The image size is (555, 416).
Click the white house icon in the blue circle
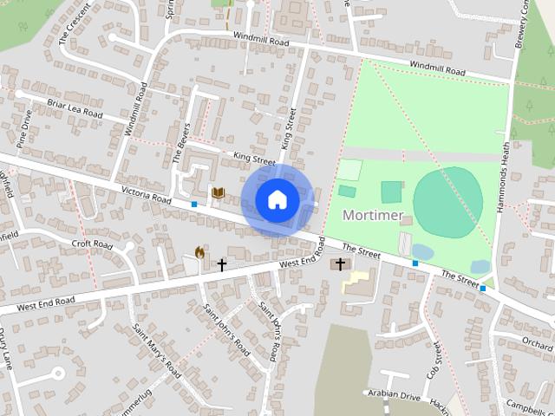pyautogui.click(x=277, y=199)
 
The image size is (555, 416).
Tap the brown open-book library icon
pyautogui.click(x=218, y=192)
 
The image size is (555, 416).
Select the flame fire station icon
pyautogui.click(x=200, y=253)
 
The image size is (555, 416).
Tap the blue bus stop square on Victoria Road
pyautogui.click(x=194, y=205)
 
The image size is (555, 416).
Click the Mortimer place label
pyautogui.click(x=373, y=214)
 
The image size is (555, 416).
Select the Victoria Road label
pyautogui.click(x=147, y=193)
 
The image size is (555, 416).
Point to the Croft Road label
pyautogui.click(x=93, y=245)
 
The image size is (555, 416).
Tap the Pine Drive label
pyautogui.click(x=23, y=127)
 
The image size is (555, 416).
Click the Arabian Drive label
pyautogui.click(x=393, y=396)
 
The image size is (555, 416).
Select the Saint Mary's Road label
pyautogui.click(x=157, y=350)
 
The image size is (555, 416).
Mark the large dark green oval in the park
pyautogui.click(x=447, y=204)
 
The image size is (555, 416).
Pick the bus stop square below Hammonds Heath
pyautogui.click(x=483, y=289)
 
